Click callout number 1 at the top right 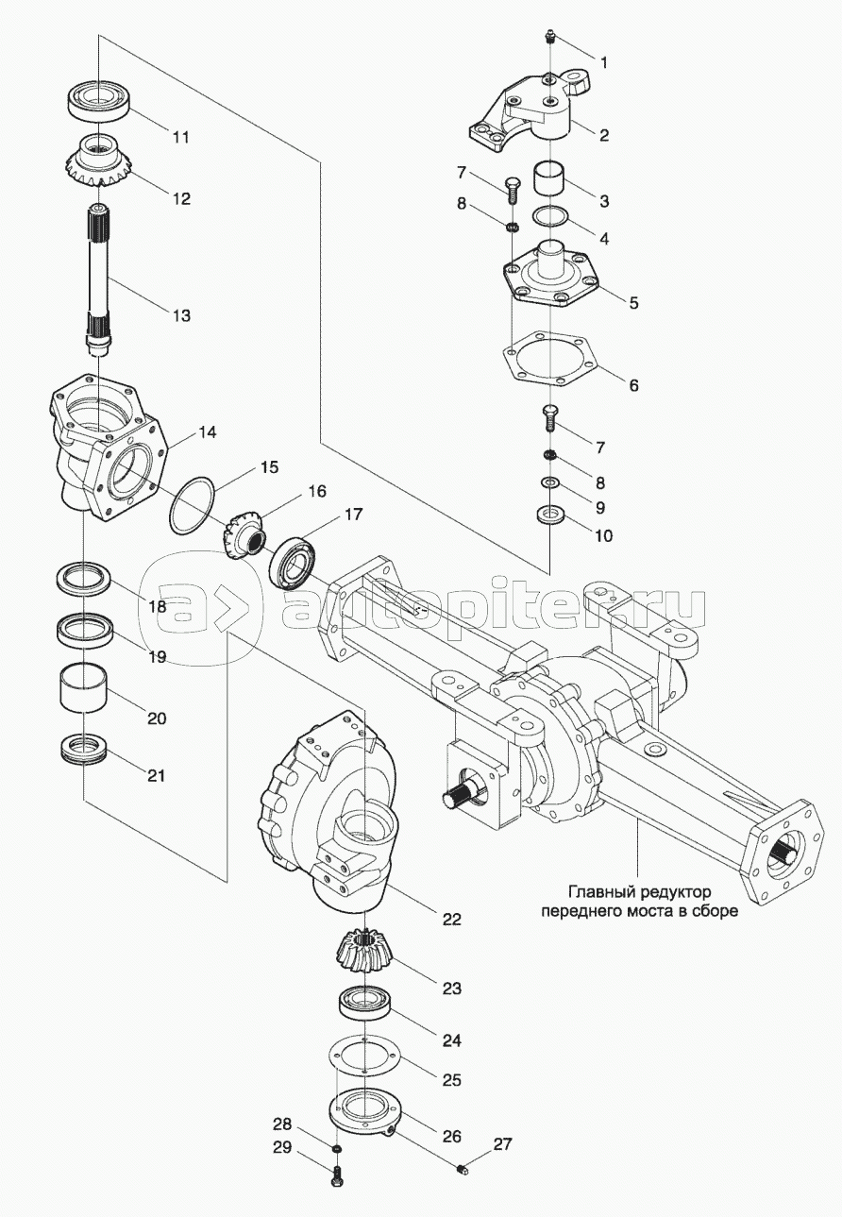tap(604, 63)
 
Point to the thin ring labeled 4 tap(550, 216)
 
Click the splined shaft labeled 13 tap(97, 283)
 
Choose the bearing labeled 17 tap(296, 564)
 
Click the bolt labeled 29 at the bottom tap(336, 1177)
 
